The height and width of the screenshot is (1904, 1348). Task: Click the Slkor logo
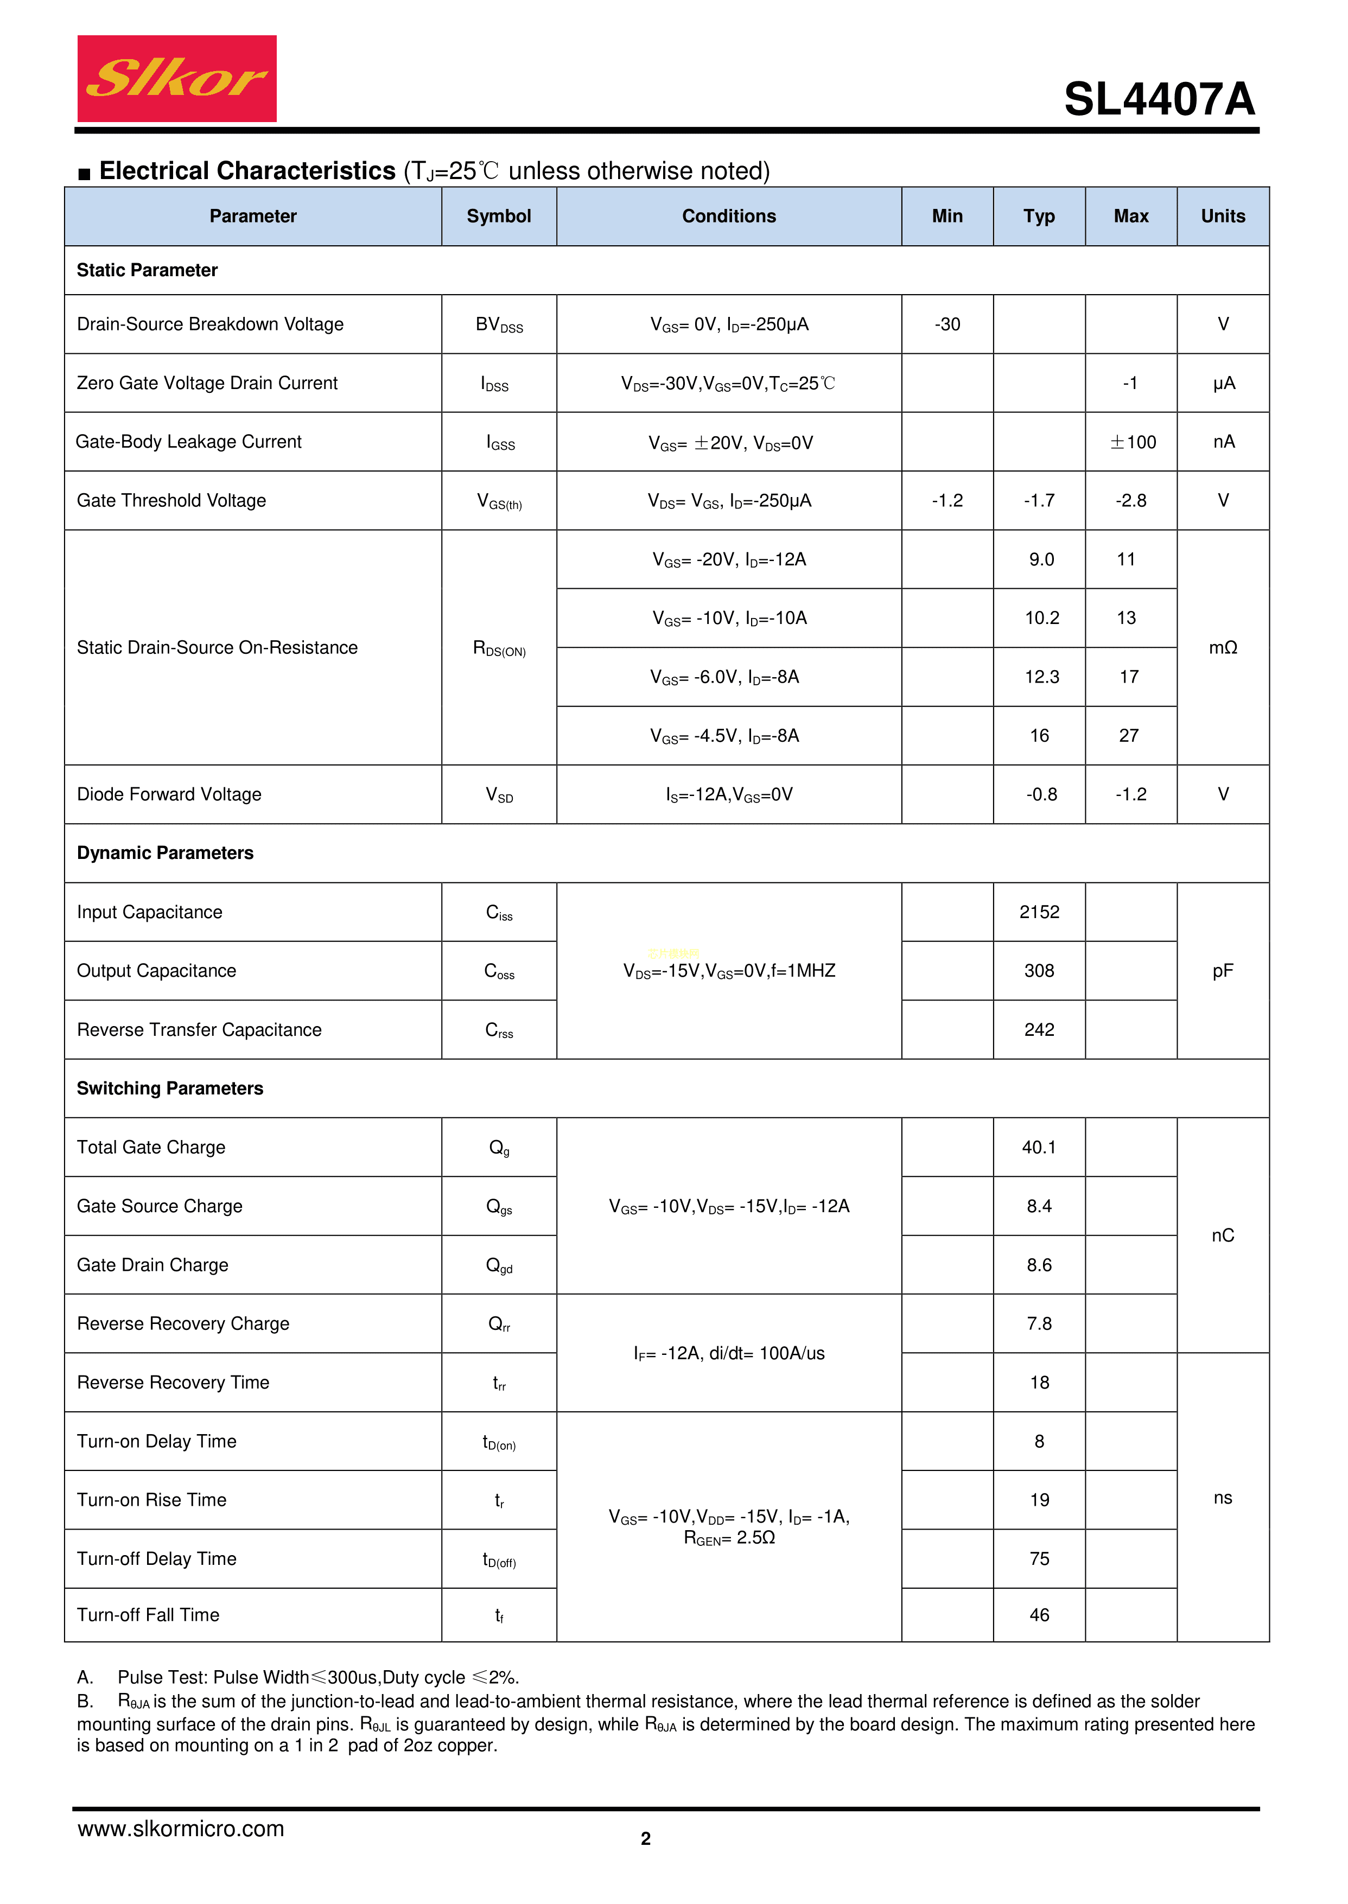tap(177, 79)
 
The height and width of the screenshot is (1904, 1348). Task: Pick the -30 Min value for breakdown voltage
tap(946, 324)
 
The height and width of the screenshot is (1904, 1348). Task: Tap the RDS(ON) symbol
tap(499, 648)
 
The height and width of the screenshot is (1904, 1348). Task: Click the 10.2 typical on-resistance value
tap(1041, 619)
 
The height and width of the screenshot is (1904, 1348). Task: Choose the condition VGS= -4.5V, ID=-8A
tap(724, 736)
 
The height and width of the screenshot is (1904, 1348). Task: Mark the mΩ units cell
tap(1222, 648)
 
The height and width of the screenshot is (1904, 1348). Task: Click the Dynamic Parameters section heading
tap(165, 853)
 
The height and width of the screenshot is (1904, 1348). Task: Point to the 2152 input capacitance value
tap(1039, 912)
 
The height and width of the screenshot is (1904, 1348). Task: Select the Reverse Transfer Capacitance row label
tap(199, 1030)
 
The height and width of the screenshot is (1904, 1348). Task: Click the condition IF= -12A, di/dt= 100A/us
tap(729, 1354)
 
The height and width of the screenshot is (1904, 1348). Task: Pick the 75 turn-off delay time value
tap(1039, 1559)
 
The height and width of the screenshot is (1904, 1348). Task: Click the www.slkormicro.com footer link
tap(181, 1829)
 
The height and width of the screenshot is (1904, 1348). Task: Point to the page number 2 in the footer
tap(646, 1838)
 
